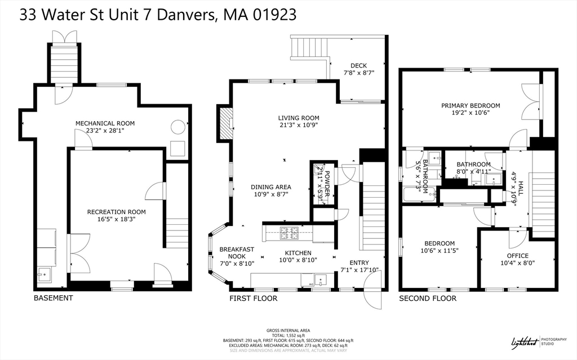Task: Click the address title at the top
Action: [158, 15]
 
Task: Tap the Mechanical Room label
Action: [105, 123]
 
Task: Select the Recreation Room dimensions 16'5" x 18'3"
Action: [116, 220]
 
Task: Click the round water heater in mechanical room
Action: [179, 127]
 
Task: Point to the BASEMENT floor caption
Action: [53, 297]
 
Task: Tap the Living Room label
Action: [299, 118]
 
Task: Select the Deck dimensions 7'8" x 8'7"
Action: [359, 73]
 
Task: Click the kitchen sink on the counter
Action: [321, 279]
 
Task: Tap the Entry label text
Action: [359, 263]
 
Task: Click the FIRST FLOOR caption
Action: [253, 297]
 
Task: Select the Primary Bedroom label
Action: [471, 105]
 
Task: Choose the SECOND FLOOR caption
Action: [428, 297]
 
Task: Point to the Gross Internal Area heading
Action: [288, 330]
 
